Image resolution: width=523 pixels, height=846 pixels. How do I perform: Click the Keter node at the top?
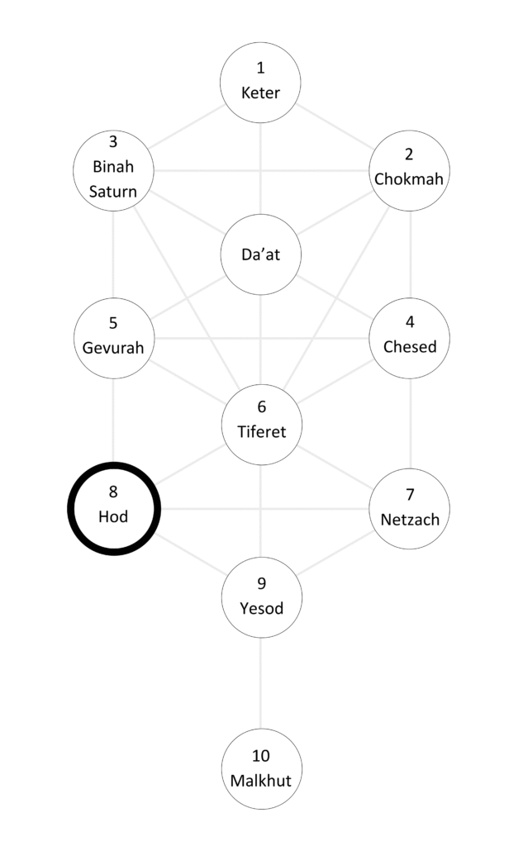tap(261, 81)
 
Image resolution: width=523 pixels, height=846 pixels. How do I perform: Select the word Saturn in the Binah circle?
tap(114, 192)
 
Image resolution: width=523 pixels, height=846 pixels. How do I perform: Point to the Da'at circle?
tap(261, 255)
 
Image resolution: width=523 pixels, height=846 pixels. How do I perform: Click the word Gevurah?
tap(114, 347)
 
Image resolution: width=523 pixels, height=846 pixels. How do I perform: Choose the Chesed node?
tap(410, 337)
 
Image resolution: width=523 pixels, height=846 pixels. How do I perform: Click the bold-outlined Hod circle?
tap(114, 508)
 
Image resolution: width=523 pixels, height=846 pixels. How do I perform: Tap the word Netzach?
tap(410, 520)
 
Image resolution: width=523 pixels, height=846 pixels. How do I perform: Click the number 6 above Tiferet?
tap(262, 406)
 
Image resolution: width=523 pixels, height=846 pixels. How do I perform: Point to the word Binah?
tap(114, 168)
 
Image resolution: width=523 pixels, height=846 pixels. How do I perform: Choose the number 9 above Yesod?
tap(262, 584)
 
